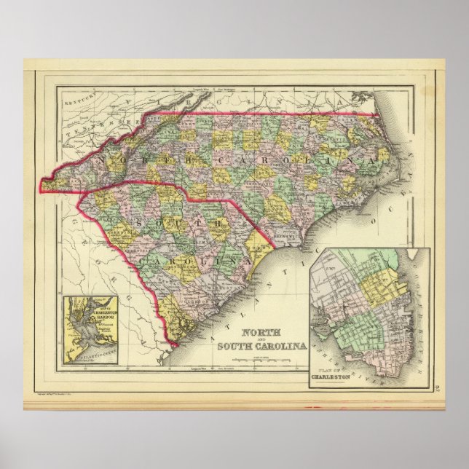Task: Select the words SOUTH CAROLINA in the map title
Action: [261, 344]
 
